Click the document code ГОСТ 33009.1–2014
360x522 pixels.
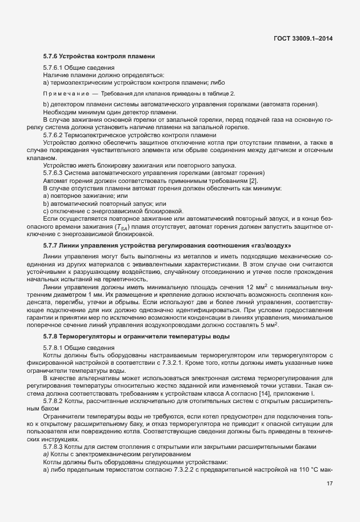[303, 38]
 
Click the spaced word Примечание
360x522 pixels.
[66, 93]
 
